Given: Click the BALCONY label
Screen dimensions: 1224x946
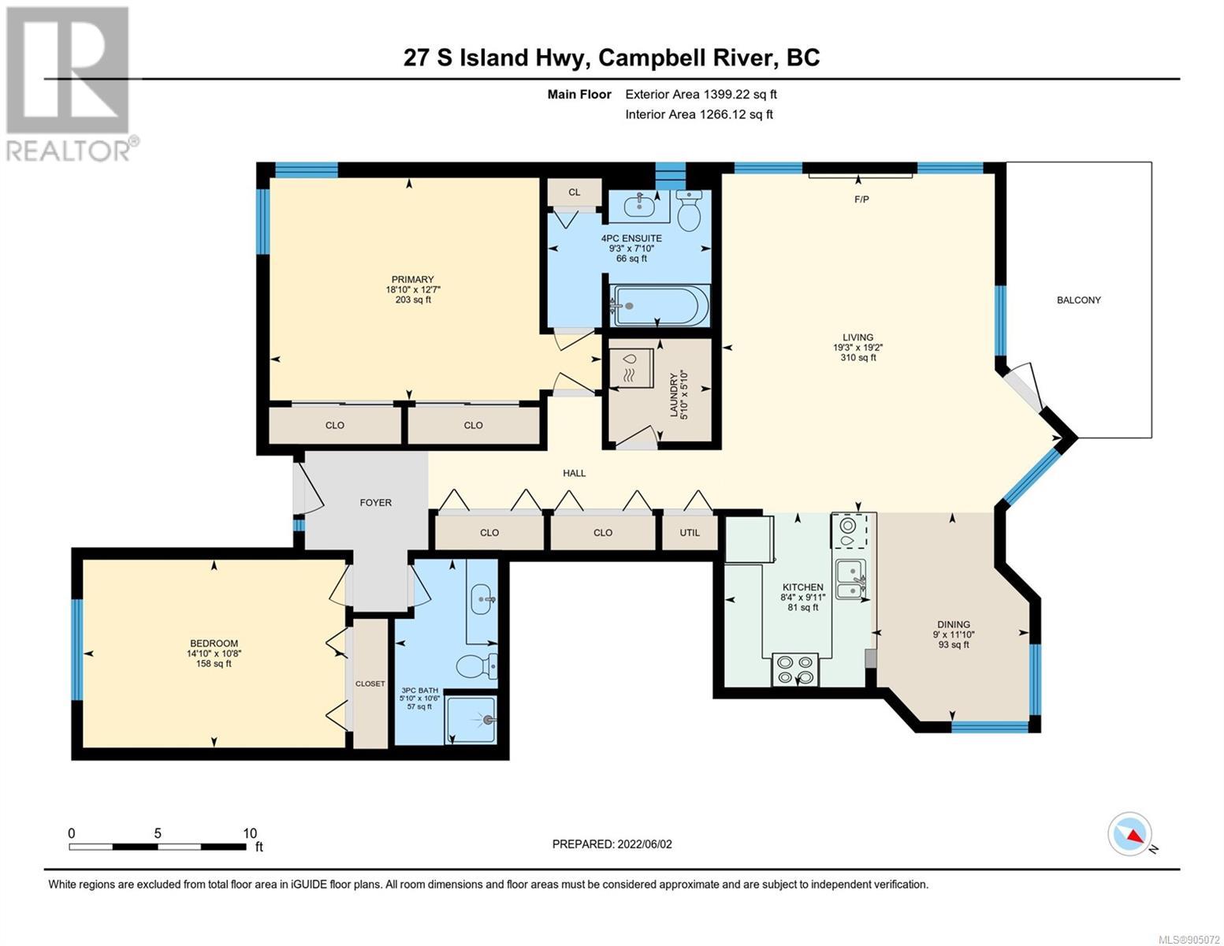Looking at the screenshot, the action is coord(1078,300).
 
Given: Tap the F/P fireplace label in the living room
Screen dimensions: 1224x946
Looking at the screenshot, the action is coord(861,199).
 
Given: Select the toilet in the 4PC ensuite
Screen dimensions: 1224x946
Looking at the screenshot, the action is coord(688,210).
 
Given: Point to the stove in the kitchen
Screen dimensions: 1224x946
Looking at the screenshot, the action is coord(794,669).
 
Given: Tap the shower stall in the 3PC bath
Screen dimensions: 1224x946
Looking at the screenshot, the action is coord(471,720).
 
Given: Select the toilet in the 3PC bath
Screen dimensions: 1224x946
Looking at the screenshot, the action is coord(477,668).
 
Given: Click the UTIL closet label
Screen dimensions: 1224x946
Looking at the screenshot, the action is coord(690,532).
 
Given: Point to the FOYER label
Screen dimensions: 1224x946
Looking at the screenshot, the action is coord(376,503).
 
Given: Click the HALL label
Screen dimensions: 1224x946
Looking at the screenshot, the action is coord(574,473).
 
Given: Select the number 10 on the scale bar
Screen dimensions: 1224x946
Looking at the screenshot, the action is coord(250,832).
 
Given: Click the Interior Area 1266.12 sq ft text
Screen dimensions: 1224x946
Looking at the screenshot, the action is coord(699,114).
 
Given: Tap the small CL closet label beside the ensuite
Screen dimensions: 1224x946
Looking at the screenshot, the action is coord(574,192).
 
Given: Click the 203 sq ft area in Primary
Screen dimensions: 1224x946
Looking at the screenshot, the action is coord(413,300).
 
